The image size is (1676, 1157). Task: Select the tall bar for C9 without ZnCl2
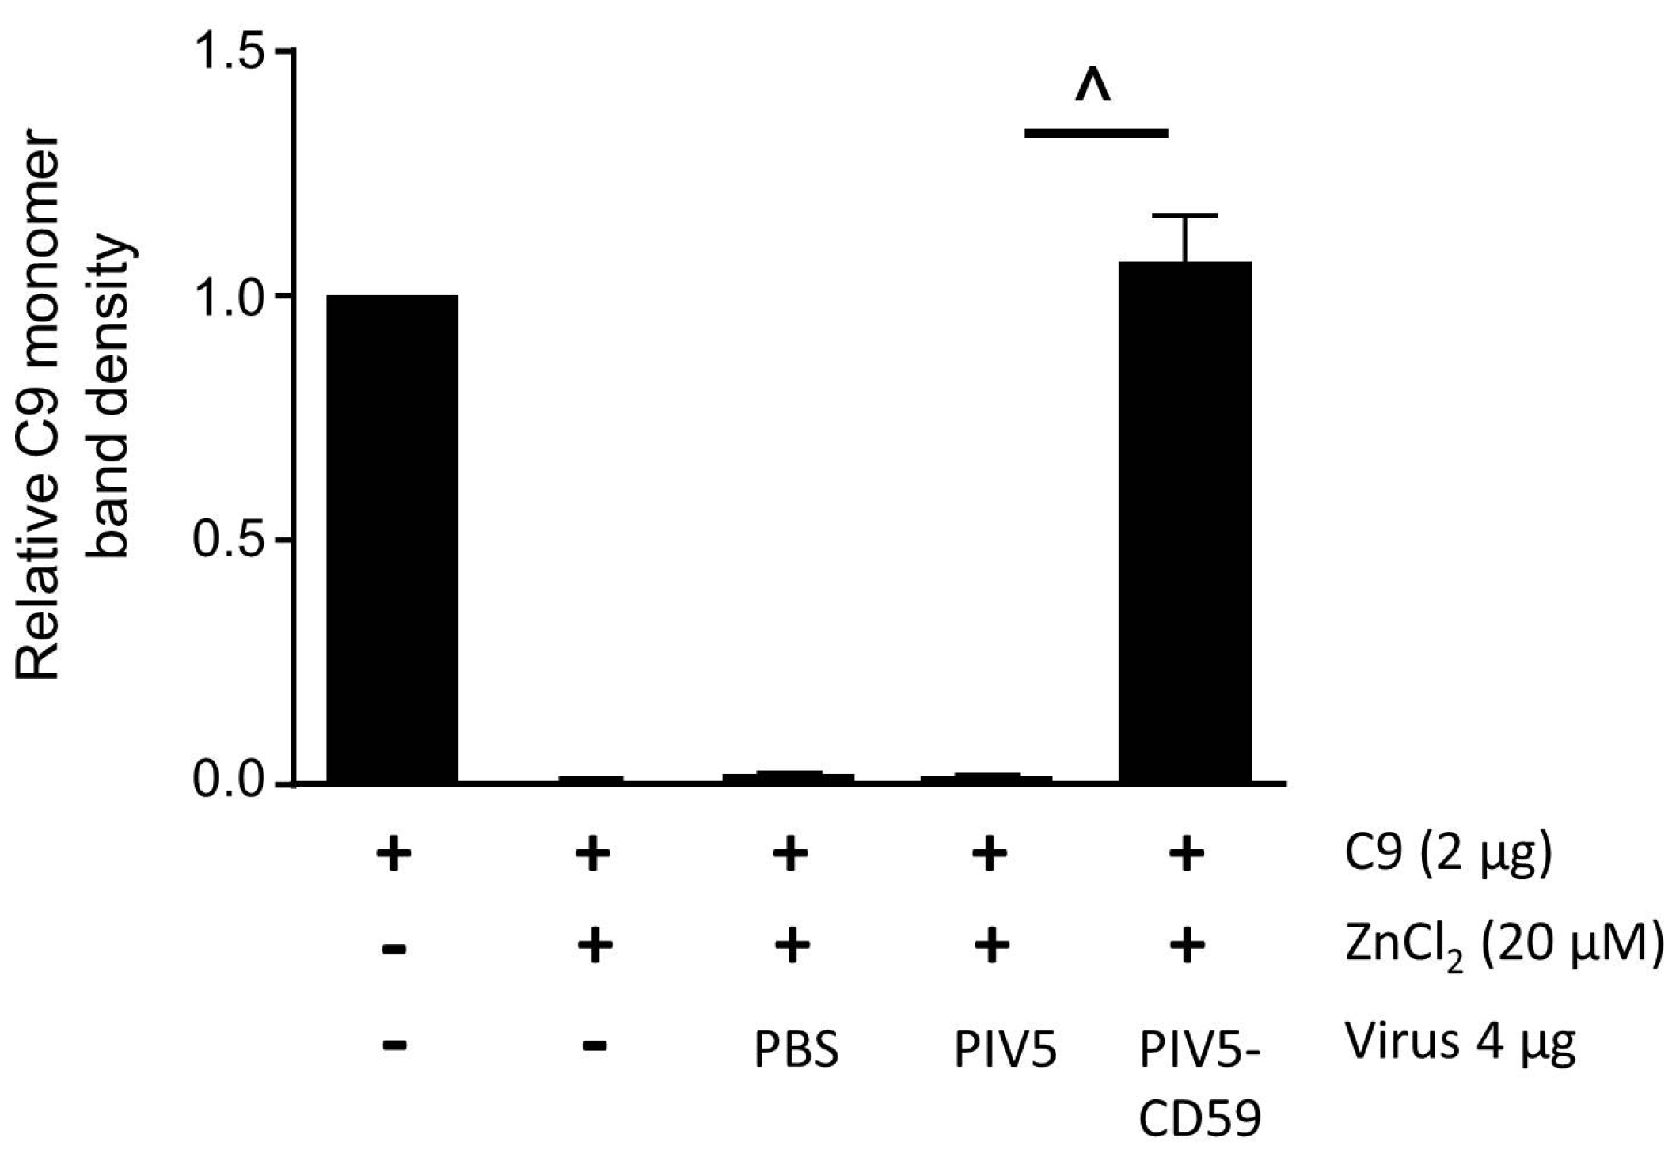click(x=393, y=538)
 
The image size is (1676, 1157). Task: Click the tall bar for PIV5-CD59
click(x=1184, y=522)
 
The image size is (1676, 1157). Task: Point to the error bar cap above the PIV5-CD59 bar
click(x=1185, y=215)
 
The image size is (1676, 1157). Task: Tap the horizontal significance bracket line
click(x=1096, y=133)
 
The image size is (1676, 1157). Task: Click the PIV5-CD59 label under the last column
click(x=1199, y=1084)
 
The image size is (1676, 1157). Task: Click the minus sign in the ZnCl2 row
click(x=393, y=948)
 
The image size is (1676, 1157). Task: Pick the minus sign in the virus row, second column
click(x=594, y=1045)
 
